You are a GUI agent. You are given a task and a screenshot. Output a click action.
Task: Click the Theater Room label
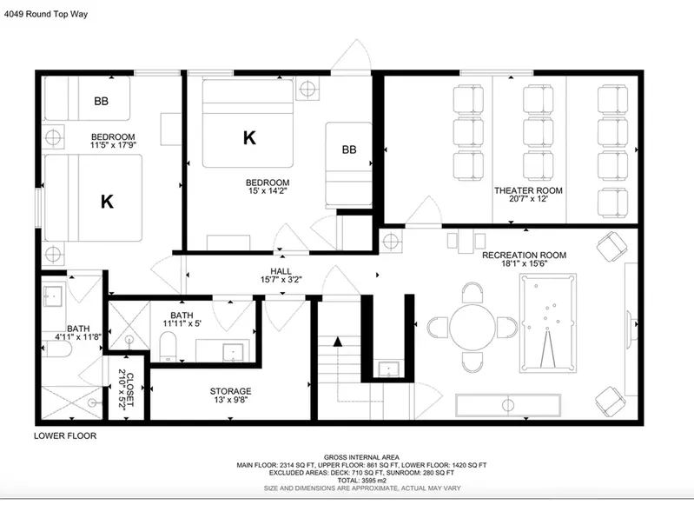pos(528,190)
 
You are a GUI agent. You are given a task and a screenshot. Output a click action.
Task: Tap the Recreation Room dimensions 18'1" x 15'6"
pos(525,263)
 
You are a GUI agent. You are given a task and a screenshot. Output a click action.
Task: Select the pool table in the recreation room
pos(548,323)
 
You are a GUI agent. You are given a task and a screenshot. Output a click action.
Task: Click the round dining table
pos(473,327)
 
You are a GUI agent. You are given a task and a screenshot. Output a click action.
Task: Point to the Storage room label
pos(230,391)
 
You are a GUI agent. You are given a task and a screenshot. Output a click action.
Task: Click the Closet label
pos(130,389)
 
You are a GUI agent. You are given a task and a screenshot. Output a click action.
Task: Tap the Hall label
pos(281,271)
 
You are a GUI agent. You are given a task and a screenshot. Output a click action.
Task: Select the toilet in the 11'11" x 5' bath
pos(168,347)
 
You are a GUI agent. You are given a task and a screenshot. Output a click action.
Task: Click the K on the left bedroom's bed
pos(107,202)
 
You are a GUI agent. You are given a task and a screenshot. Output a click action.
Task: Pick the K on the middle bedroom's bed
pos(249,138)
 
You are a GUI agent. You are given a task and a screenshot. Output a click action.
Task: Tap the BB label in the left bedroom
pos(102,102)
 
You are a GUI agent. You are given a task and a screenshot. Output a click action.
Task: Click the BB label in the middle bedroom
pos(349,150)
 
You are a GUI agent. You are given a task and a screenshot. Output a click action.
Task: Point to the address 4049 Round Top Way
pos(46,14)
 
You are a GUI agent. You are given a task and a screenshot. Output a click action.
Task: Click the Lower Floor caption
pos(65,435)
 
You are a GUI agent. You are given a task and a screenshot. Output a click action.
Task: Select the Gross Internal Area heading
pos(361,457)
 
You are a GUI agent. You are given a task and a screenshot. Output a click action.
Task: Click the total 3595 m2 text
pos(361,480)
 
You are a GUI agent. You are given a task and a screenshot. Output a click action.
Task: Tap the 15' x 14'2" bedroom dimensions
pos(268,191)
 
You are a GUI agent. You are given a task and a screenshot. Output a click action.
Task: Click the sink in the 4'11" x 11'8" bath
pos(53,294)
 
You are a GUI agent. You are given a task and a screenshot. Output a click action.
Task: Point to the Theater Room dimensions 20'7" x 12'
pos(528,199)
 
